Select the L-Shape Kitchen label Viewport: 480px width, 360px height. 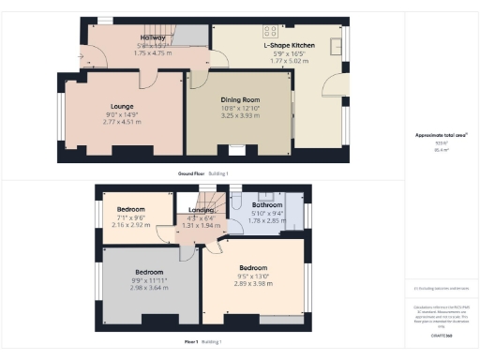(x=289, y=45)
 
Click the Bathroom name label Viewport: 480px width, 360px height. (x=267, y=203)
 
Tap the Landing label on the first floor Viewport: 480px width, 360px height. (x=202, y=210)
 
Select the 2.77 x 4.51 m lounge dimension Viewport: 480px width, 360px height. (x=122, y=122)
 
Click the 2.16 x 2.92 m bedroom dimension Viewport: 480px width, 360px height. (x=131, y=225)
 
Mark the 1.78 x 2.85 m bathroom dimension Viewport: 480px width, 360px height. (x=267, y=219)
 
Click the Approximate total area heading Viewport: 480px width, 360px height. (x=441, y=135)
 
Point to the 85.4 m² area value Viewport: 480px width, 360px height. (x=440, y=149)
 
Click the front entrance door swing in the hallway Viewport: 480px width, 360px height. (x=93, y=57)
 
